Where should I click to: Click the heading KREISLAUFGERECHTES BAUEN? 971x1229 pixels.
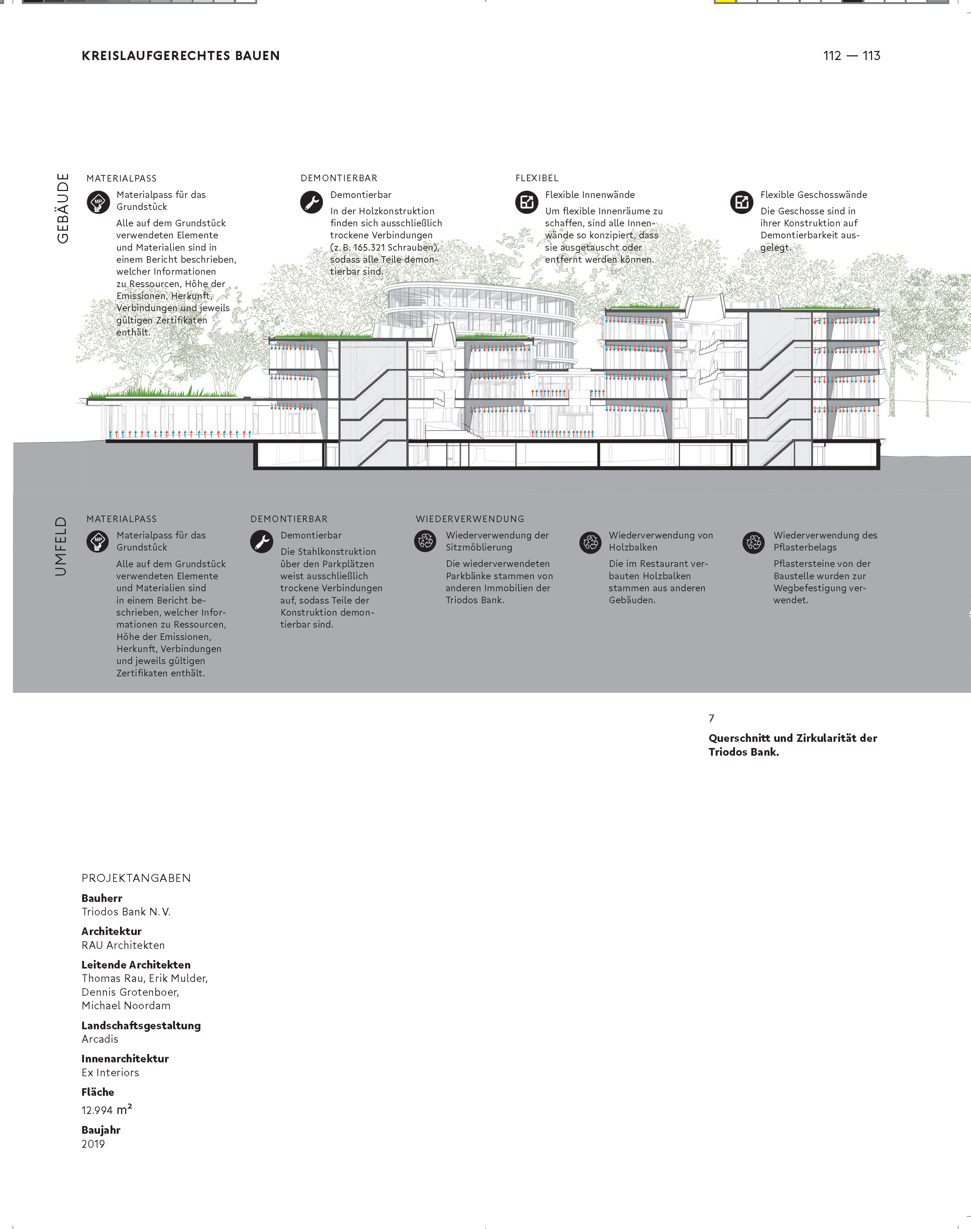[180, 56]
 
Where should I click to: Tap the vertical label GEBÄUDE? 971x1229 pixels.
[63, 208]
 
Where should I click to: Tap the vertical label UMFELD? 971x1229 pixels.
[61, 546]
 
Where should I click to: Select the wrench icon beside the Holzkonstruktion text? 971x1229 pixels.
[312, 202]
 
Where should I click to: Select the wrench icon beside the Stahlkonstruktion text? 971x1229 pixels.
[261, 541]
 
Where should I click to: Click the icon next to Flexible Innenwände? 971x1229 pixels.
[527, 202]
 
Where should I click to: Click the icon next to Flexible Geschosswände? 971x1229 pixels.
[741, 202]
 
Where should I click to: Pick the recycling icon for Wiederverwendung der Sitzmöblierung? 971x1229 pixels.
[425, 541]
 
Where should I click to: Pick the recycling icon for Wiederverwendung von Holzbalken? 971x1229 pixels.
[590, 542]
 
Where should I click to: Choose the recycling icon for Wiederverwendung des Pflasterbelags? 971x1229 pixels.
[754, 542]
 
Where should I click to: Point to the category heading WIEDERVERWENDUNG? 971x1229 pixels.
[469, 519]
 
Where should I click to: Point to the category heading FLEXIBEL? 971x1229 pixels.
[537, 178]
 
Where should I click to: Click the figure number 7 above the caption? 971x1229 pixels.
[711, 718]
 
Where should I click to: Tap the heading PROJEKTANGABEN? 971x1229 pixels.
[136, 878]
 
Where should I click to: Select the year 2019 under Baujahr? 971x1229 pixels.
[93, 1144]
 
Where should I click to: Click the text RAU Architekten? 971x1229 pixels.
[123, 944]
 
